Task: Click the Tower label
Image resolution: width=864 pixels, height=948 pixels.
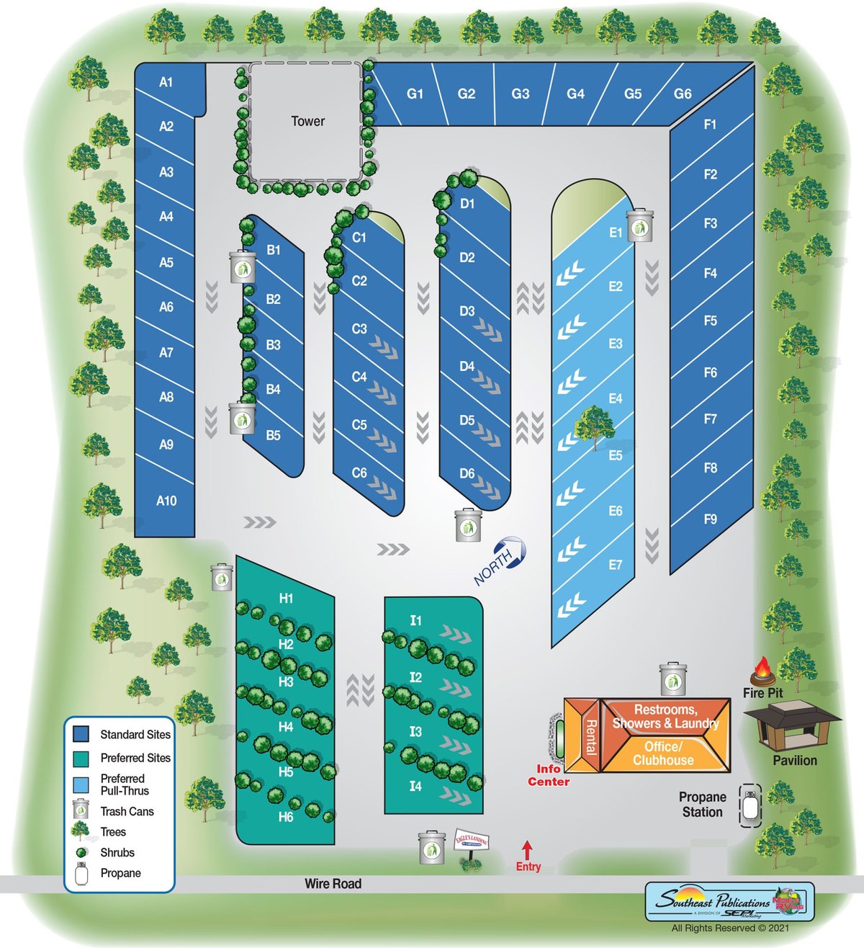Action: pos(307,121)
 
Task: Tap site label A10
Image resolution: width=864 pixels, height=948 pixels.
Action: pos(166,501)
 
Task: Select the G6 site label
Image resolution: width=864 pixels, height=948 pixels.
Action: pos(683,94)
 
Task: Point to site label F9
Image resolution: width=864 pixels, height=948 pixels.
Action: pos(710,519)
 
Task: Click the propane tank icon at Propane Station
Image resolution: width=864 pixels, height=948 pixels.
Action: pos(751,805)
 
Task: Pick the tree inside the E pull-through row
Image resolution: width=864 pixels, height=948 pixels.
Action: pos(595,426)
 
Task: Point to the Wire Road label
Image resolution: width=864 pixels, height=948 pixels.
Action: pos(333,884)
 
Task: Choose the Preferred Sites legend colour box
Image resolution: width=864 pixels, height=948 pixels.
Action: pos(81,758)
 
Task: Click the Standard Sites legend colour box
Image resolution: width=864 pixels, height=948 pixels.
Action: pos(81,734)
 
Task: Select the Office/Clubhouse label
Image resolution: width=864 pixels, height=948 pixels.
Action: pos(663,754)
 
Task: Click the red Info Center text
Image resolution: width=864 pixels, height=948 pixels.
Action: pos(549,775)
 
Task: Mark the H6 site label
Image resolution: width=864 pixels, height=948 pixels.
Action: pos(286,817)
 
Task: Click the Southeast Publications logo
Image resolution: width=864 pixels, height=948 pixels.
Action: pos(729,901)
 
